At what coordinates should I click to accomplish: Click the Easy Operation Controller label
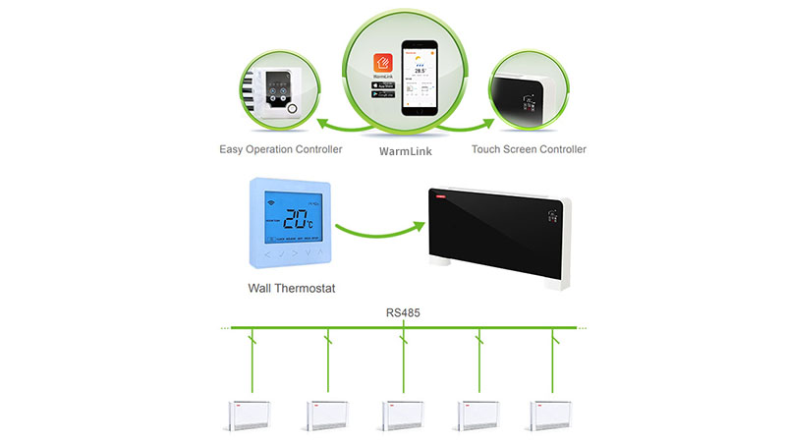[x=280, y=149]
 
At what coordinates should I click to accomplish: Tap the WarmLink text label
[x=406, y=152]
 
